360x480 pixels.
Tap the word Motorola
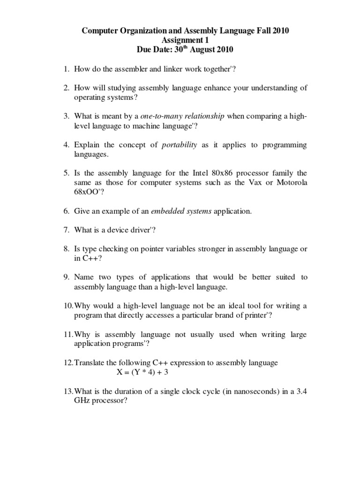(292, 182)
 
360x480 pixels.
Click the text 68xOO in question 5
(87, 192)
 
